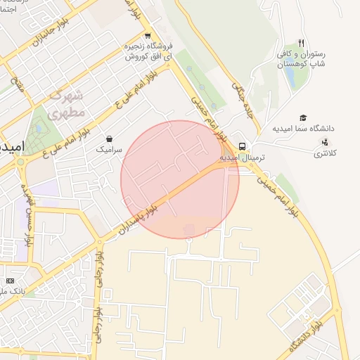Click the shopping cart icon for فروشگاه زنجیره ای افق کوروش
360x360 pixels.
pos(147,36)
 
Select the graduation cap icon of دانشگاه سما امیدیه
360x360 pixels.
pos(303,118)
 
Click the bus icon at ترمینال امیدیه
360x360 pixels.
pos(242,147)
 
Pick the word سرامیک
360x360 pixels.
pos(109,150)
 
